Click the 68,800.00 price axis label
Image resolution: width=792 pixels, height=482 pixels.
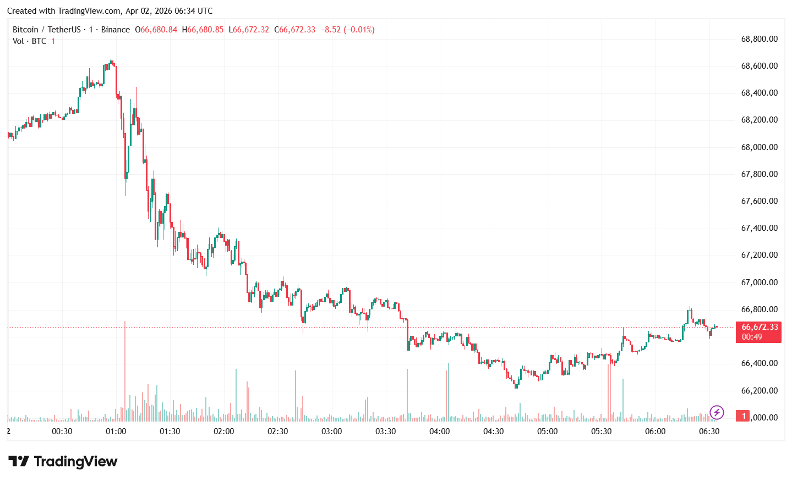point(759,39)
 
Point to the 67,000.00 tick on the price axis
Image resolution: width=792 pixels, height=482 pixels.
point(759,282)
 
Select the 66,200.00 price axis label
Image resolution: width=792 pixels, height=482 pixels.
point(759,391)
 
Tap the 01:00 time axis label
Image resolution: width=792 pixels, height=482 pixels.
point(116,431)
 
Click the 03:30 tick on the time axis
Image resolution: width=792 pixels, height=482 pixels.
point(385,431)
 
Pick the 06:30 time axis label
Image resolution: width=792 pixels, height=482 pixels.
point(709,431)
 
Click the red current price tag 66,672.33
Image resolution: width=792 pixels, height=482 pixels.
point(759,327)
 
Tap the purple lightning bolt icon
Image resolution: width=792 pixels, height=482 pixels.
point(717,412)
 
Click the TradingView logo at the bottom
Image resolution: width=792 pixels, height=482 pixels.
point(63,462)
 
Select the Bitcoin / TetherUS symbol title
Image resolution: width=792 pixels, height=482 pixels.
point(47,30)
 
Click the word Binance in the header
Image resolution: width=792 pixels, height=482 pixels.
point(116,30)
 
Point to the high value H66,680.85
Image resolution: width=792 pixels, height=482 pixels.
point(203,30)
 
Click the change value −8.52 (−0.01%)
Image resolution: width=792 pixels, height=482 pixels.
point(347,30)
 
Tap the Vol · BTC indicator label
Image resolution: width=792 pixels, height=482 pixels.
point(30,41)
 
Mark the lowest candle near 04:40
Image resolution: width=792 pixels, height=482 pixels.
point(516,384)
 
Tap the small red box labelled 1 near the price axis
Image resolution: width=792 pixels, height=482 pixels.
point(744,416)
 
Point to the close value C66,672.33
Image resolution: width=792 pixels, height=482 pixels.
point(295,30)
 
